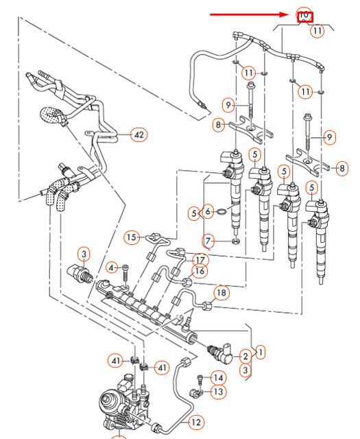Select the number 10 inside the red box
(304, 15)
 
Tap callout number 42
(139, 135)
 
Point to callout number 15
(132, 237)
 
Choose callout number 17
(200, 260)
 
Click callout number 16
(200, 272)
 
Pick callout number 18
(221, 294)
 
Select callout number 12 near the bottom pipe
(196, 423)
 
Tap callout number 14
(218, 377)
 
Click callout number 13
(218, 392)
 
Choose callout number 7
(208, 241)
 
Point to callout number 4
(112, 267)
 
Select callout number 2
(244, 356)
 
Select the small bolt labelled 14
(199, 378)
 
